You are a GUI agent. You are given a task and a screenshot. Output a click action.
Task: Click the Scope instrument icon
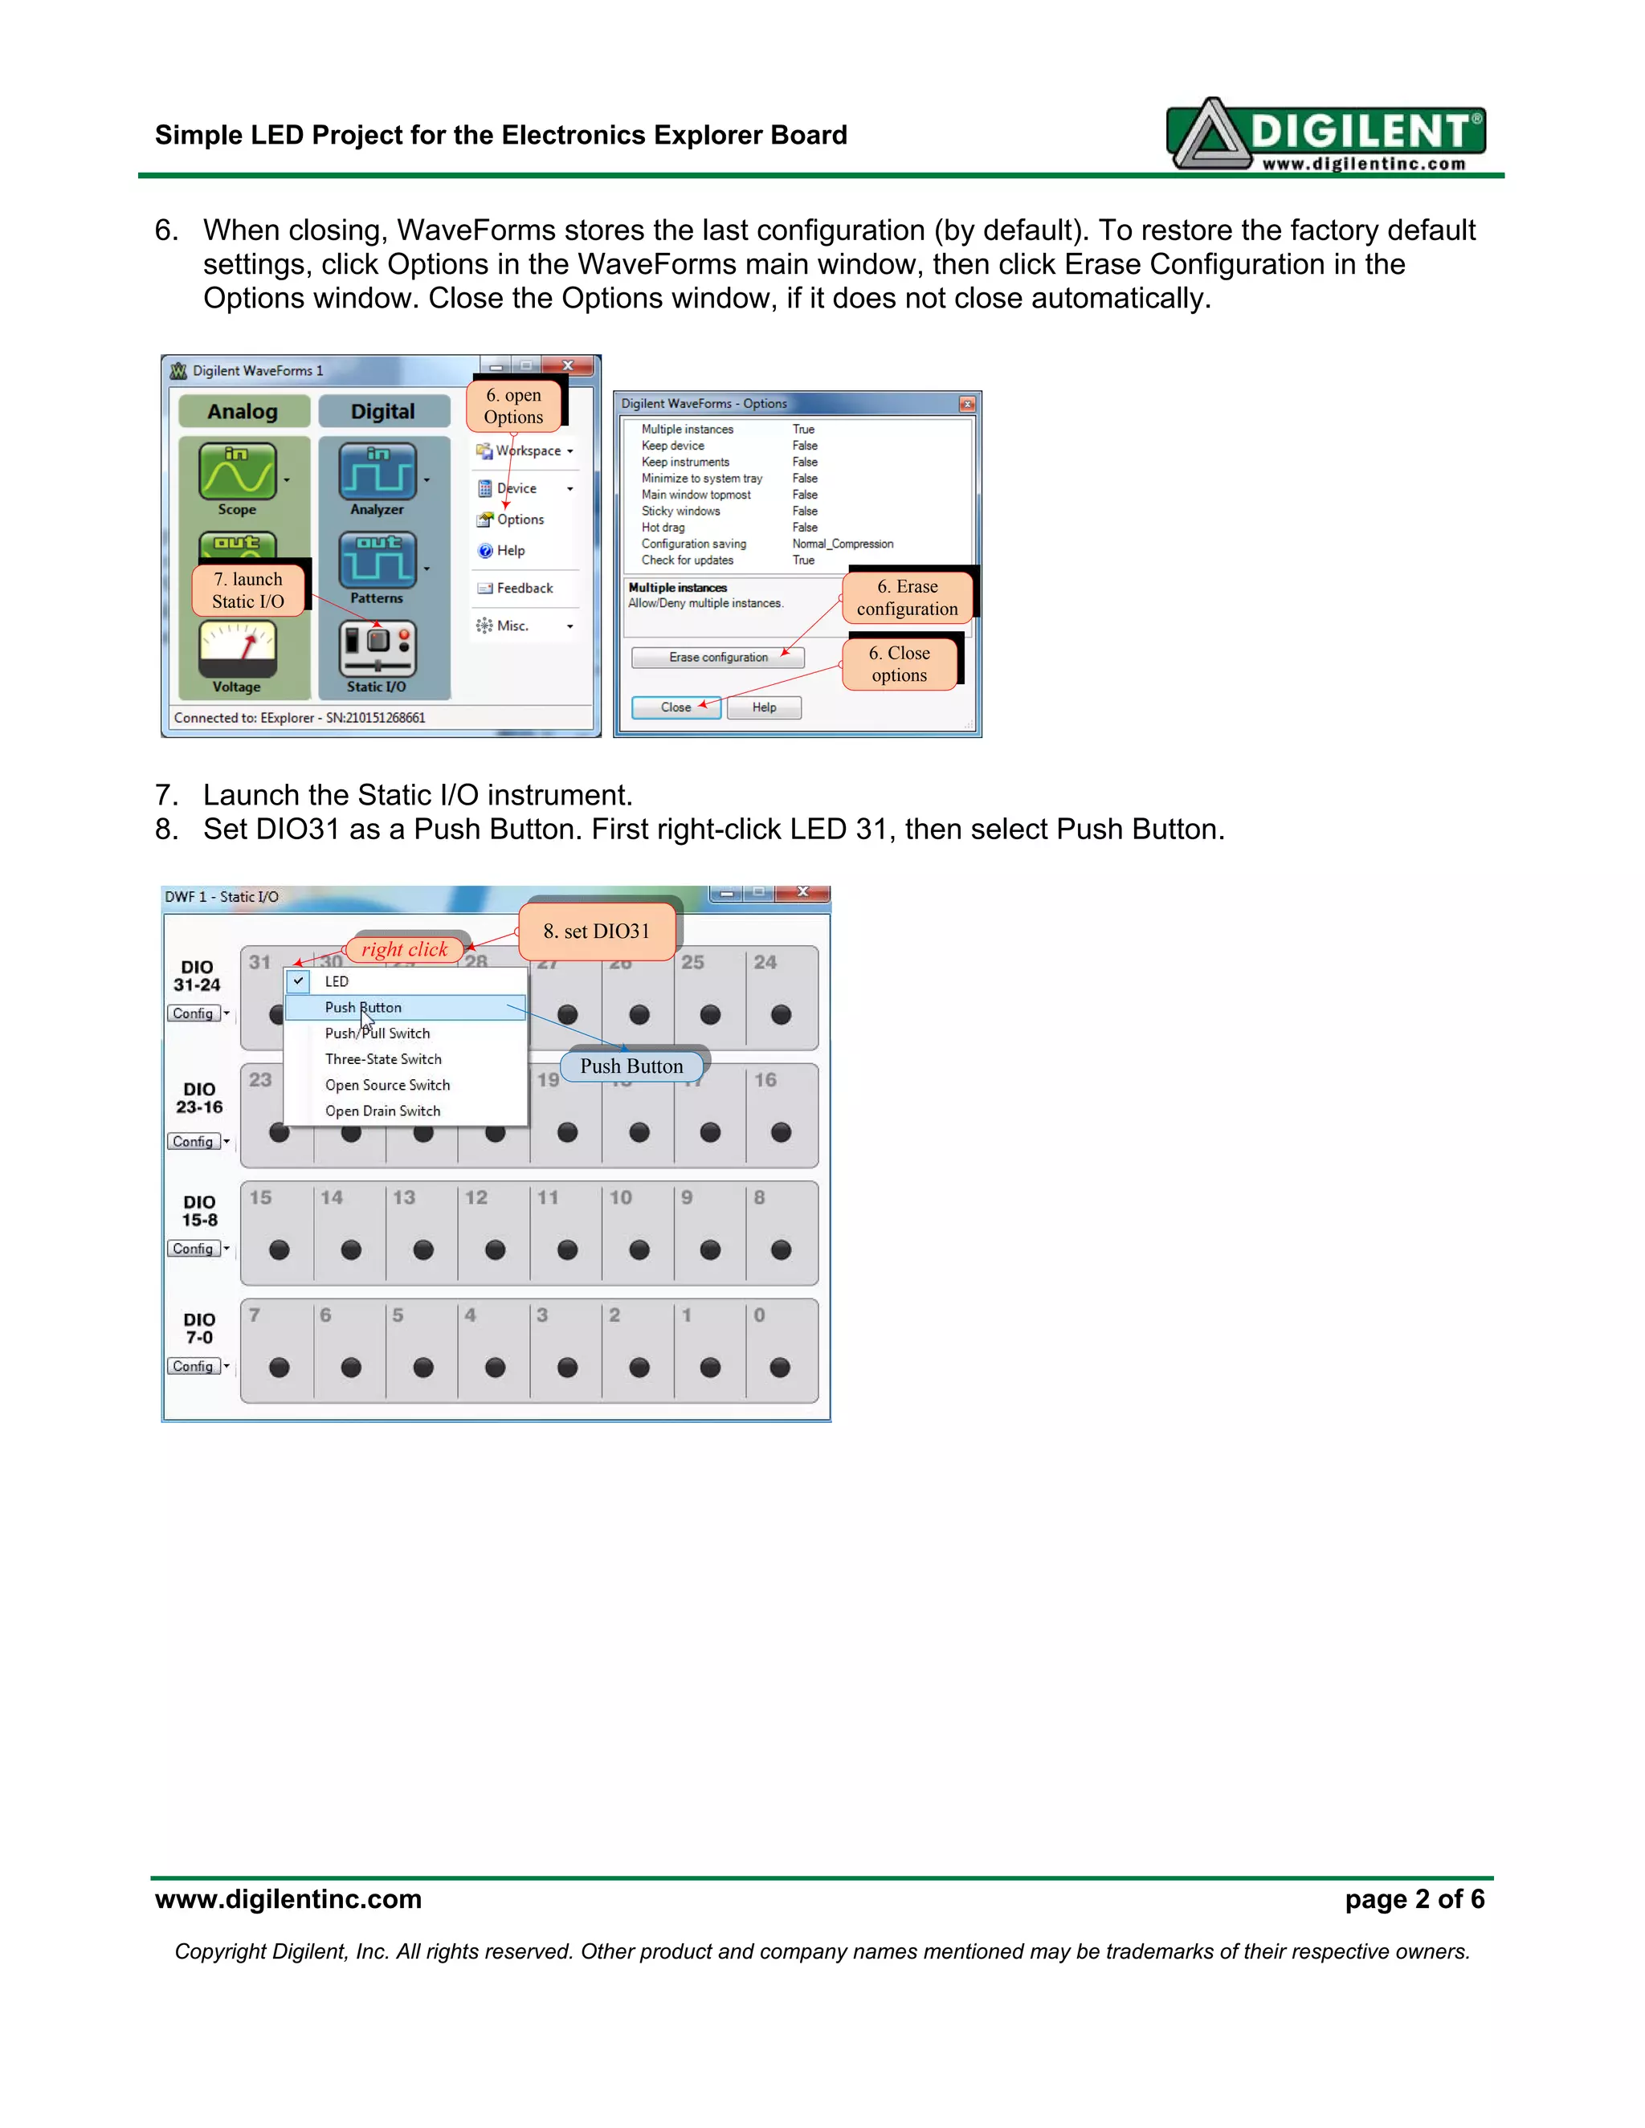point(237,471)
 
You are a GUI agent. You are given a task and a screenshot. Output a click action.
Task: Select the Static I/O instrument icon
point(378,650)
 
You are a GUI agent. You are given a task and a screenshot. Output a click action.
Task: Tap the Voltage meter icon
point(237,648)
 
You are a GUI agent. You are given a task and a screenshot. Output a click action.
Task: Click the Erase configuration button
point(718,658)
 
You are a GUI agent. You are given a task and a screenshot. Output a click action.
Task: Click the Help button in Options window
point(764,707)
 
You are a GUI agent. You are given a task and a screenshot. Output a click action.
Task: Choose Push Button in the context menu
point(364,1008)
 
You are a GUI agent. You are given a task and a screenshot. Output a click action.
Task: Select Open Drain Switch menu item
point(383,1111)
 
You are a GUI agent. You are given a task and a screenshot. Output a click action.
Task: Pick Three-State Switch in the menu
point(383,1059)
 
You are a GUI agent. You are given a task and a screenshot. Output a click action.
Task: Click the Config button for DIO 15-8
point(193,1249)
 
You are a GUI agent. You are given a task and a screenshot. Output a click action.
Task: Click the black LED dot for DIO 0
point(781,1368)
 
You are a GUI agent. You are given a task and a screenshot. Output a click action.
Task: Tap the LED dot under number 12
point(495,1250)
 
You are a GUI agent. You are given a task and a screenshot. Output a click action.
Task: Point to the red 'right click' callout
point(405,949)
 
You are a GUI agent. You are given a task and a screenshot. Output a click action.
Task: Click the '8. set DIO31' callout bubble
point(597,932)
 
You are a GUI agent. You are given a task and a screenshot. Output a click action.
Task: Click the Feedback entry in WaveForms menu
point(525,589)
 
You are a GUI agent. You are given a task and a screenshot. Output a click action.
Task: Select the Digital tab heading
point(383,411)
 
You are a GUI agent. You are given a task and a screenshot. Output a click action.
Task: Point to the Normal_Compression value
point(842,544)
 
